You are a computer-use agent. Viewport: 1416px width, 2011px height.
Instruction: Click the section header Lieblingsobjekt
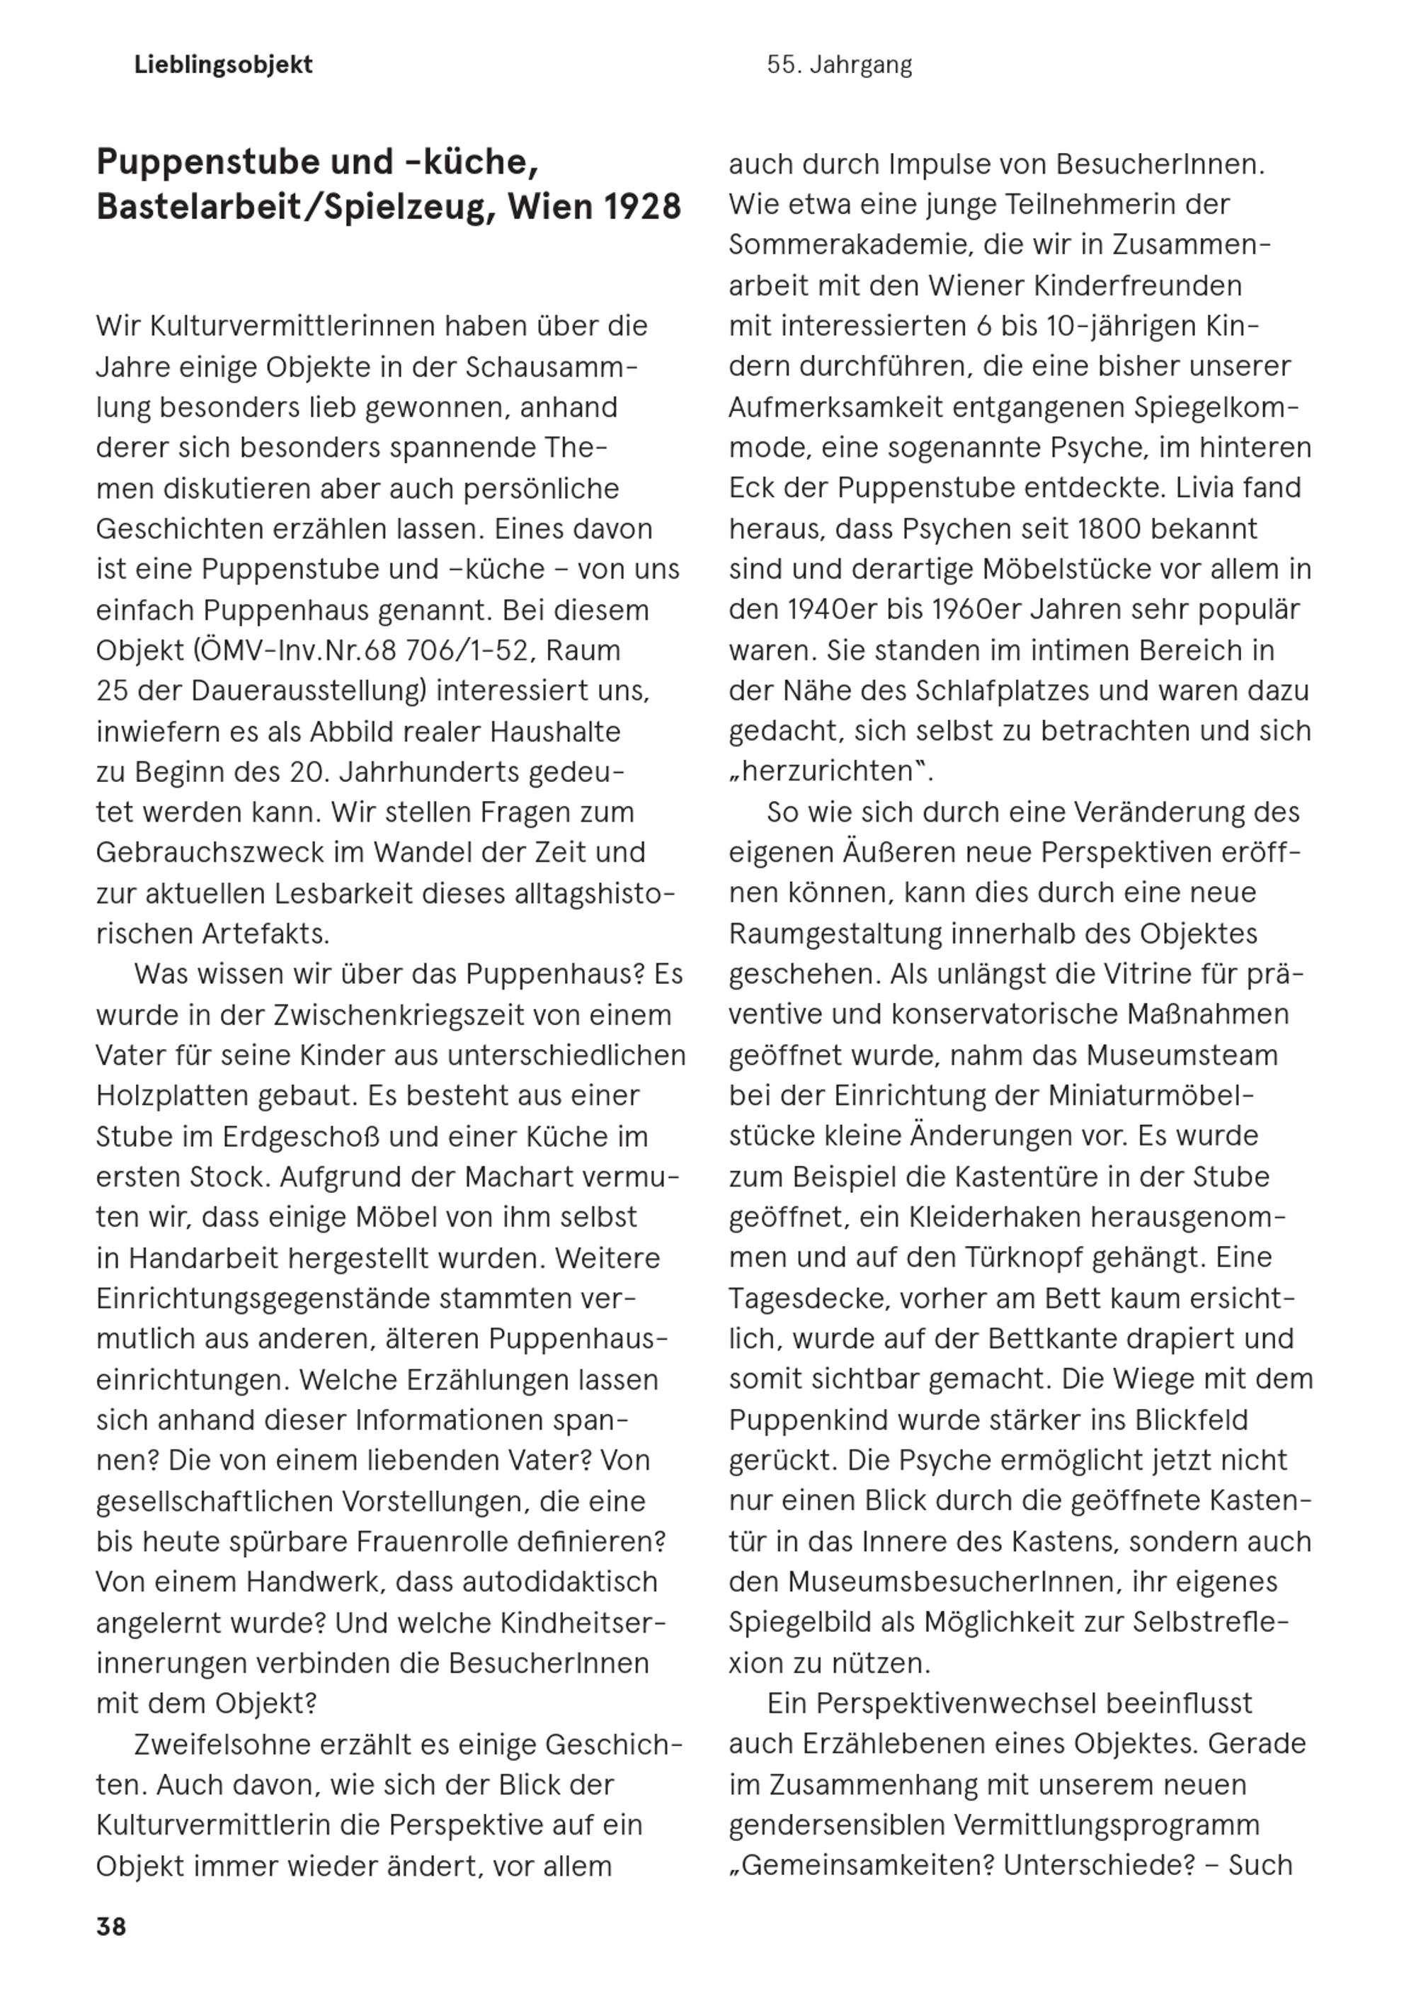pos(223,65)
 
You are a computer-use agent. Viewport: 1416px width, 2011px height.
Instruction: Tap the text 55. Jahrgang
pos(839,65)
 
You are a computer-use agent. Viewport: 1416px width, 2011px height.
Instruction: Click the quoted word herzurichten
pos(827,771)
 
